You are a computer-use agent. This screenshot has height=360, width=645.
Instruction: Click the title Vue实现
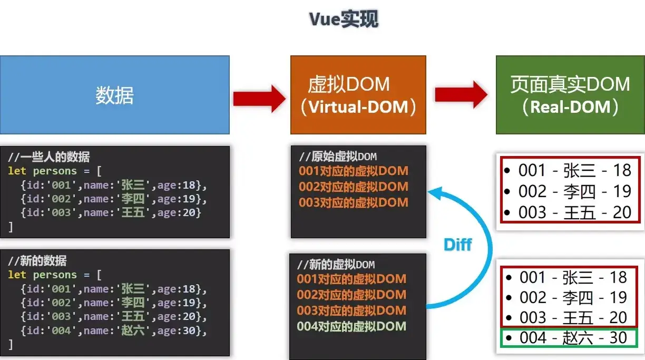(x=344, y=20)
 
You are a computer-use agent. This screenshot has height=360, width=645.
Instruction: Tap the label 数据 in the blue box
(x=114, y=95)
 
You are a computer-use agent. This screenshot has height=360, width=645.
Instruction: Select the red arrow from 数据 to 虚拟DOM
(x=259, y=99)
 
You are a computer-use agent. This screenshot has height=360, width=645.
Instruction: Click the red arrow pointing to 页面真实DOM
(x=461, y=95)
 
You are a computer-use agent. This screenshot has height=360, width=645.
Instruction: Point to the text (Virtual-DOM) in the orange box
(x=358, y=107)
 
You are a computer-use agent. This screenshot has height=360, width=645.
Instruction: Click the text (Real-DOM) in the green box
(x=570, y=107)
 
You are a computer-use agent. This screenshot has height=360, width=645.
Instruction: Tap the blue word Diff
(x=457, y=245)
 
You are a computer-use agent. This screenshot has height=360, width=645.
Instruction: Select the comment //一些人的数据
(x=49, y=157)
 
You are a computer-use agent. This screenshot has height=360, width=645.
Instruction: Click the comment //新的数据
(x=37, y=261)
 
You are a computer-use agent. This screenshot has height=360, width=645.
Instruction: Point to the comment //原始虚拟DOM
(x=338, y=157)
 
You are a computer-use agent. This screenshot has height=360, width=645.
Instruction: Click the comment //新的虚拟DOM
(x=336, y=265)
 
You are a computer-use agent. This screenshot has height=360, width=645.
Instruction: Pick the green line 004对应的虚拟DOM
(x=351, y=326)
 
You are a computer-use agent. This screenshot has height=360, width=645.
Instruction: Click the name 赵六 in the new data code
(x=133, y=330)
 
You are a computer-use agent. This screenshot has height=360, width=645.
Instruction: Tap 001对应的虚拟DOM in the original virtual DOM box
(x=353, y=171)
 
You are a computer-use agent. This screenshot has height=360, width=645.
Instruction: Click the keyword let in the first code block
(x=17, y=171)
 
